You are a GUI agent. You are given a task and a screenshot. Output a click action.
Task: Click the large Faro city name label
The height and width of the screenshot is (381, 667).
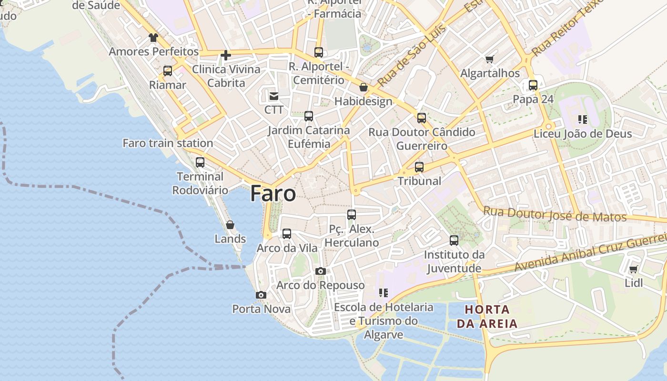pyautogui.click(x=273, y=194)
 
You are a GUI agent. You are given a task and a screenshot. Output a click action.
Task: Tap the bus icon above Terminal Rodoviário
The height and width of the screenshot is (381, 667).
pyautogui.click(x=200, y=162)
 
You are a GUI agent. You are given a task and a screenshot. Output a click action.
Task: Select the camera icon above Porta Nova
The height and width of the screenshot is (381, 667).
pyautogui.click(x=261, y=295)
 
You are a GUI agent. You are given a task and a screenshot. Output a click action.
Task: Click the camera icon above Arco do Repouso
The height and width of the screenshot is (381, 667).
pyautogui.click(x=321, y=271)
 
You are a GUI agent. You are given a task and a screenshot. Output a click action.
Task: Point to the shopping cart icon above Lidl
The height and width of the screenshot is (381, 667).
pyautogui.click(x=633, y=270)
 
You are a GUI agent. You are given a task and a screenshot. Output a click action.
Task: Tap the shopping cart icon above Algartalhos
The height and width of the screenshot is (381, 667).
pyautogui.click(x=489, y=60)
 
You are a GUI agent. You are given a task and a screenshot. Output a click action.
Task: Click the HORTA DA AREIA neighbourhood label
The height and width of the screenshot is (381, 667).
pyautogui.click(x=487, y=317)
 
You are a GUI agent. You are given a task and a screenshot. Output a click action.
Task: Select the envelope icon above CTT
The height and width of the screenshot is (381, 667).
pyautogui.click(x=274, y=96)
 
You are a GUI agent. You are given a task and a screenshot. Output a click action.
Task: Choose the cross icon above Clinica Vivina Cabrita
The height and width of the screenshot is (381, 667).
pyautogui.click(x=226, y=56)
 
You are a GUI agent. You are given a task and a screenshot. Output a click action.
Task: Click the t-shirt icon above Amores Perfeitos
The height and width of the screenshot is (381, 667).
pyautogui.click(x=153, y=38)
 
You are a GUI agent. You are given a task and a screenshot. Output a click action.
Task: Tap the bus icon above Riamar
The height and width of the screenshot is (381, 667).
pyautogui.click(x=168, y=71)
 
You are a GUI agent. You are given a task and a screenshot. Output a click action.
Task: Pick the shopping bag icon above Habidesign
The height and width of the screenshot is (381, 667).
pyautogui.click(x=364, y=88)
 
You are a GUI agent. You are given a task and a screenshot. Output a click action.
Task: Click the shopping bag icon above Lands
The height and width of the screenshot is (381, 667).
pyautogui.click(x=230, y=225)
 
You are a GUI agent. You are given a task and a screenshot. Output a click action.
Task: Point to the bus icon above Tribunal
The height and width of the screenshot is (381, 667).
pyautogui.click(x=419, y=167)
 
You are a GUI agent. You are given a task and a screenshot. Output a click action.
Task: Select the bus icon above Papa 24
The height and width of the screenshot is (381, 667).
pyautogui.click(x=533, y=85)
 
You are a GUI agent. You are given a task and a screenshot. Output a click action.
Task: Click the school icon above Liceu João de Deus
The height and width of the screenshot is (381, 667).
pyautogui.click(x=582, y=119)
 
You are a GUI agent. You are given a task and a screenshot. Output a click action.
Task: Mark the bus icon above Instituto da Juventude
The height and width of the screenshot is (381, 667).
pyautogui.click(x=454, y=241)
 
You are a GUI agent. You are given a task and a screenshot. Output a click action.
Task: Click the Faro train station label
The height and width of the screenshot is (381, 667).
pyautogui.click(x=168, y=143)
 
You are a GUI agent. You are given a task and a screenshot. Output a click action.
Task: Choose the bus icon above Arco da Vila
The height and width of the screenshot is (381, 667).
pyautogui.click(x=287, y=234)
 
